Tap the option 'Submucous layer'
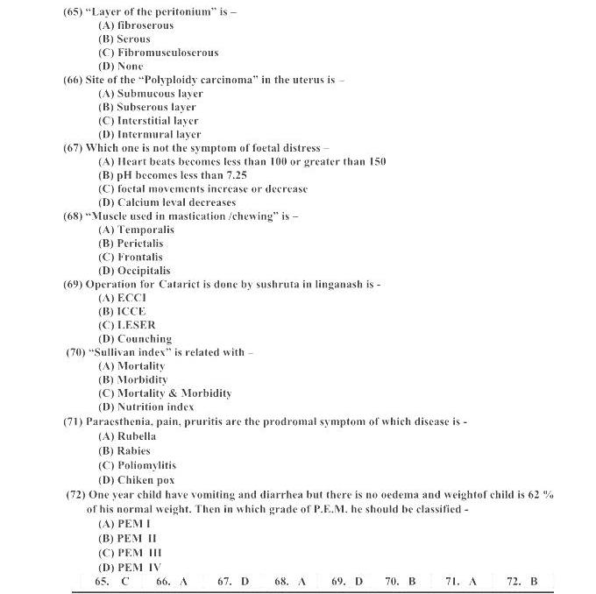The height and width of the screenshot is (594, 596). pos(151,93)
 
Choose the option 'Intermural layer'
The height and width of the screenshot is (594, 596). pos(150,134)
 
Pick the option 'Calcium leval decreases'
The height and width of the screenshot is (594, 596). pos(167,202)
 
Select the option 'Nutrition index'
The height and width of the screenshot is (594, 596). pos(145,407)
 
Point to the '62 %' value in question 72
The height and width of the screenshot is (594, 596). pos(541,495)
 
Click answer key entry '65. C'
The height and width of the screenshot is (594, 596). pos(112,581)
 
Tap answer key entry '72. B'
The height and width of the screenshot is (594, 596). pos(522,581)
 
